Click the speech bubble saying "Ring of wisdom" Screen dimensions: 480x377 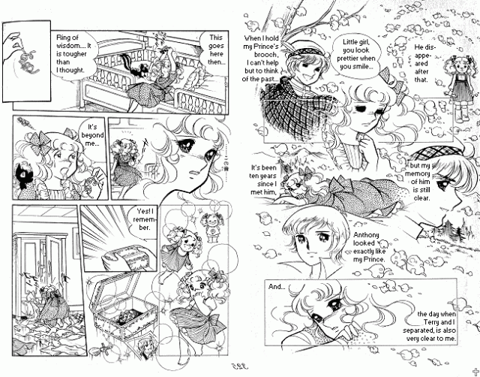[73, 54]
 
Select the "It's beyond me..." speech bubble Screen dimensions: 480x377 [91, 135]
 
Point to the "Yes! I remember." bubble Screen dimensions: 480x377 [144, 219]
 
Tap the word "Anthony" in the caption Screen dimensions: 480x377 [366, 235]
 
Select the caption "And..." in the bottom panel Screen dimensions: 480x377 [277, 287]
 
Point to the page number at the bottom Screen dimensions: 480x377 [239, 366]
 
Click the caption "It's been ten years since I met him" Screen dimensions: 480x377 [263, 180]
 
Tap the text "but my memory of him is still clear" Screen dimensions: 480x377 [418, 182]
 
